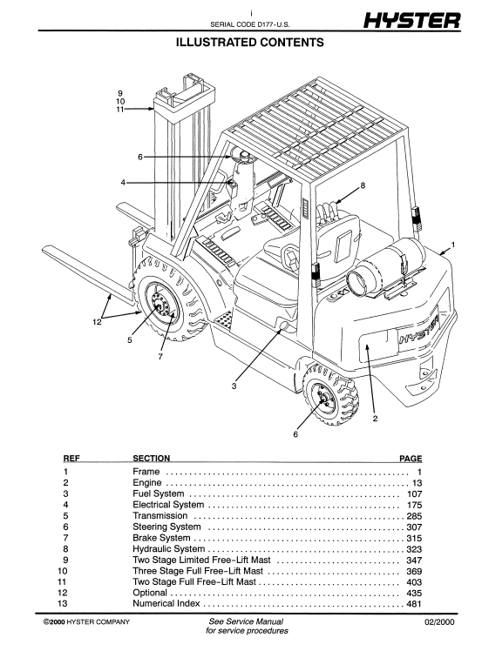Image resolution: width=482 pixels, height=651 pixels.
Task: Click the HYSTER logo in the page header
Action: click(411, 20)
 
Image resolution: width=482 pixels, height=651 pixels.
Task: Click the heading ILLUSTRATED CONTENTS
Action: click(249, 43)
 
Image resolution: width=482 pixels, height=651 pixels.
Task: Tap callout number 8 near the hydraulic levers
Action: click(363, 185)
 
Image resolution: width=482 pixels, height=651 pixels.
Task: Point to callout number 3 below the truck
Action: click(234, 386)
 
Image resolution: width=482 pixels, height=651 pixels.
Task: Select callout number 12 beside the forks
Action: click(97, 322)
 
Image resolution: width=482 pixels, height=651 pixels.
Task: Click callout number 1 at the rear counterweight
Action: click(453, 245)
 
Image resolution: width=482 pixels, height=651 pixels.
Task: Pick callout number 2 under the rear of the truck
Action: click(375, 419)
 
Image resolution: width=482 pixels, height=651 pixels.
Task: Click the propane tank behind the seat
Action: click(384, 265)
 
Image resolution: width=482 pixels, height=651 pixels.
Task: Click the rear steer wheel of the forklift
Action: click(330, 395)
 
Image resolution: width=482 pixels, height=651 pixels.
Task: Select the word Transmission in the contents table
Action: click(160, 515)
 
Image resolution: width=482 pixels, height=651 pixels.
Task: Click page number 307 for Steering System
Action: click(414, 527)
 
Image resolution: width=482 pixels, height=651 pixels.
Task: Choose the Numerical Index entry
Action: click(166, 603)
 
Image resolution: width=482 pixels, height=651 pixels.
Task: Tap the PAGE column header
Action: click(411, 459)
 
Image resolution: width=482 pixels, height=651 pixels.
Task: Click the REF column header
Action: click(71, 459)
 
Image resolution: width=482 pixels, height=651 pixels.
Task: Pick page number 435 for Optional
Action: click(414, 594)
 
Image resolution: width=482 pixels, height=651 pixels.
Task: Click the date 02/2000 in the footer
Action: click(439, 622)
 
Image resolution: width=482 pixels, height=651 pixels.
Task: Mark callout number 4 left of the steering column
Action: click(123, 182)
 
